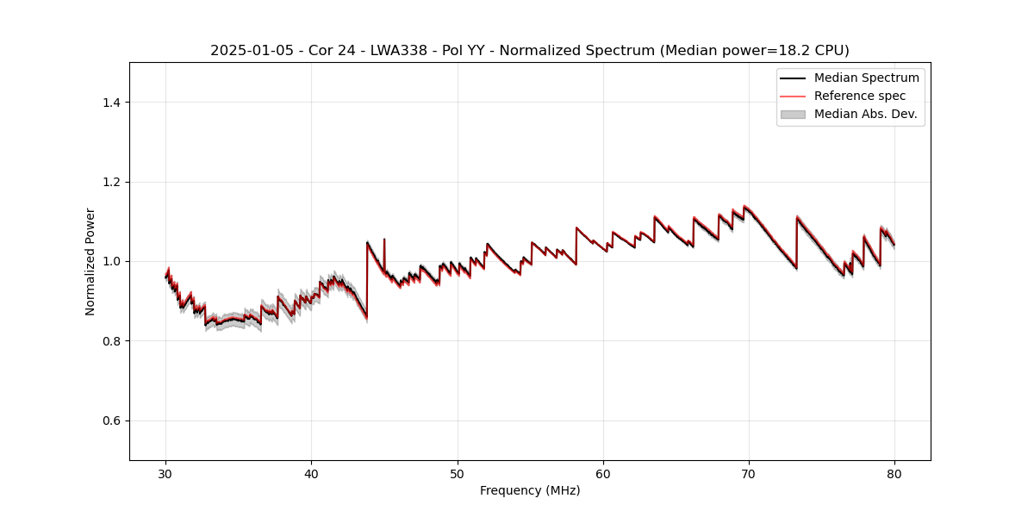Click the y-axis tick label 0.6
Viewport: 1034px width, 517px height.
111,420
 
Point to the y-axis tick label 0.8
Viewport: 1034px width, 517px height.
111,341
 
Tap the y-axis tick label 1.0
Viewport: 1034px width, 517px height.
111,261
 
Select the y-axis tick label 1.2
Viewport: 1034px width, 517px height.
111,182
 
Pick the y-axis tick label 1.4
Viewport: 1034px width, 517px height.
111,103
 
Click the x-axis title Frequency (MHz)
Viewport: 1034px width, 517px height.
530,490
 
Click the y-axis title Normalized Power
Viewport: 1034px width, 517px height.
90,261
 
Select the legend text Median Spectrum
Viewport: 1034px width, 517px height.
866,78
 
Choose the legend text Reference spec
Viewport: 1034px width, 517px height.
860,96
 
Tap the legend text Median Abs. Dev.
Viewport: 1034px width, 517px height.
865,114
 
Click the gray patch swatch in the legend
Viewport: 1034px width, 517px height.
793,114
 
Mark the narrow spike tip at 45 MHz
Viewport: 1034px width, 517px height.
384,239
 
